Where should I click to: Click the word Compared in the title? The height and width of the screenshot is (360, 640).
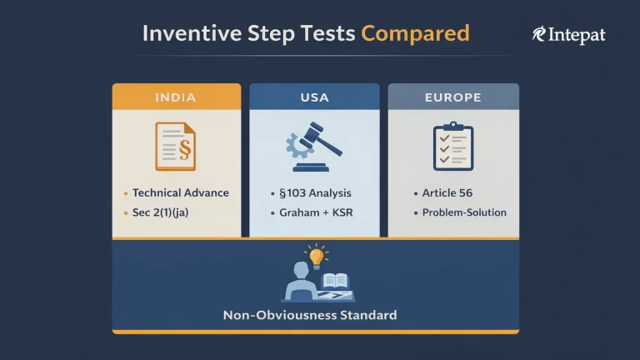(x=415, y=33)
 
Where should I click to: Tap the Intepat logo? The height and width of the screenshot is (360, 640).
(x=568, y=34)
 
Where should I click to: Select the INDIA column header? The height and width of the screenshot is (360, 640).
(x=176, y=97)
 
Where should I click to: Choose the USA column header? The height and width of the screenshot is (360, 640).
(x=314, y=97)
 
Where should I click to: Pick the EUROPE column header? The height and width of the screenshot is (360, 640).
(x=452, y=97)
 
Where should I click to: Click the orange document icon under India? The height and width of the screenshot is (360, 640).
(x=176, y=146)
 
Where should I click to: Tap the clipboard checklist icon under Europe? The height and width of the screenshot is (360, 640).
(x=452, y=146)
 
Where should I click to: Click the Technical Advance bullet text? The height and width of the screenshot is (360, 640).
(x=180, y=192)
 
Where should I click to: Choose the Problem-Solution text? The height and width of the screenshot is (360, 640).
(x=464, y=212)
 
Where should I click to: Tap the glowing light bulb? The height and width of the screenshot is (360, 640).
(x=316, y=256)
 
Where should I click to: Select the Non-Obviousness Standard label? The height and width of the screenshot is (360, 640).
(x=310, y=316)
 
